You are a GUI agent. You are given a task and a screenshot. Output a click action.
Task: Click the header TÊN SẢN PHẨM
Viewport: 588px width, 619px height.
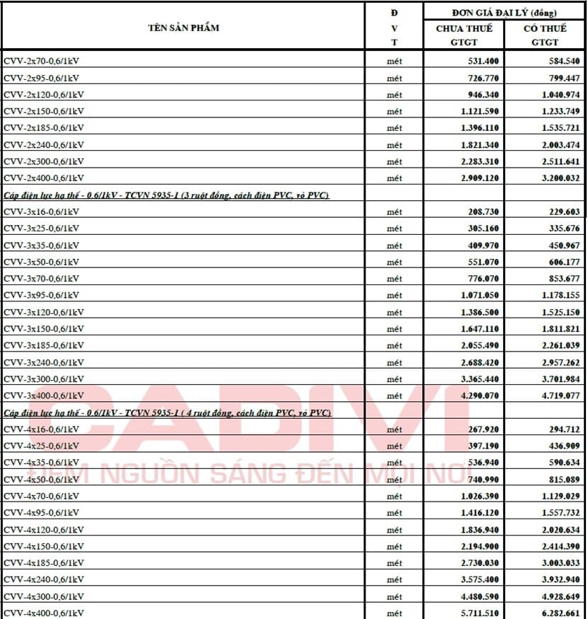pyautogui.click(x=183, y=28)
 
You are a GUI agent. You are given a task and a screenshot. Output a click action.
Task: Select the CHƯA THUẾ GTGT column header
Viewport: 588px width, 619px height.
pyautogui.click(x=464, y=35)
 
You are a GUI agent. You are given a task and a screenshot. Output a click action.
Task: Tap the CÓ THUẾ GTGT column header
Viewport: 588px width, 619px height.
pyautogui.click(x=545, y=35)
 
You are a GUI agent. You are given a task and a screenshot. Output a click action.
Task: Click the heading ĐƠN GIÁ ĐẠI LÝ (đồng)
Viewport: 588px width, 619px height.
pyautogui.click(x=504, y=13)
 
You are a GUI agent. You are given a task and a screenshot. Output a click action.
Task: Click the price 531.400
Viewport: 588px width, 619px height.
pyautogui.click(x=479, y=62)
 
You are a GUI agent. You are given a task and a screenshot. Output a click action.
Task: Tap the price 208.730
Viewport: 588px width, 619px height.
pyautogui.click(x=479, y=212)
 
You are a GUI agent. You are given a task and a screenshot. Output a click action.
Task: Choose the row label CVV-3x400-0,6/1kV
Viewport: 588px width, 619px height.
pyautogui.click(x=45, y=395)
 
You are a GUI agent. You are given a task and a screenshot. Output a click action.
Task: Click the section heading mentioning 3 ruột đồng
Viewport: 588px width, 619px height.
pyautogui.click(x=166, y=195)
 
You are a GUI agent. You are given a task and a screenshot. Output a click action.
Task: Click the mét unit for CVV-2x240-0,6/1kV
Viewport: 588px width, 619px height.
pyautogui.click(x=394, y=145)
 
